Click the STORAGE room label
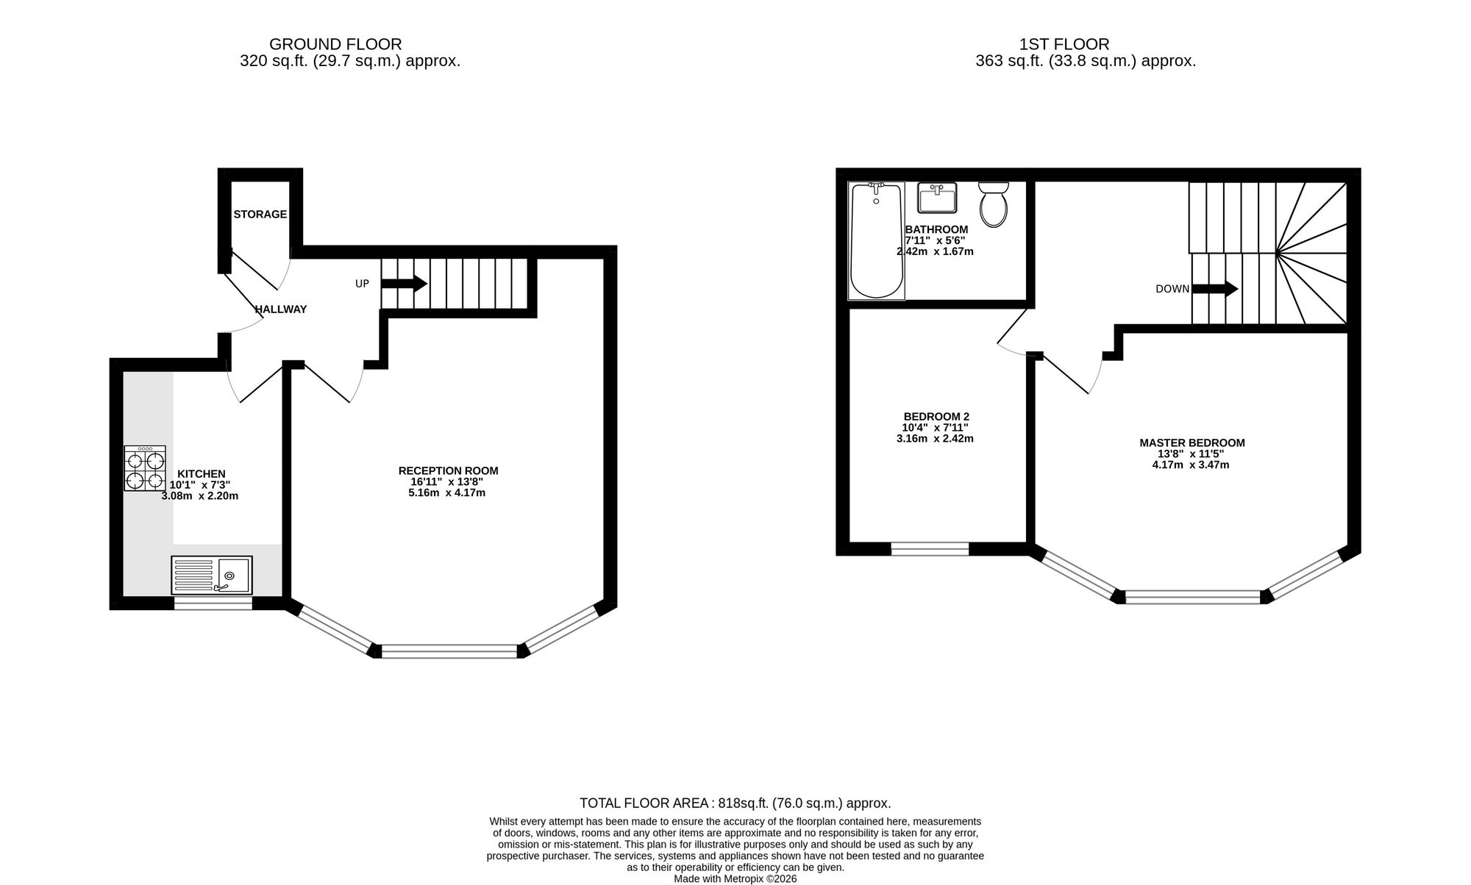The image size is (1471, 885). point(260,215)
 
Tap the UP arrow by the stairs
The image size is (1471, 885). point(404,284)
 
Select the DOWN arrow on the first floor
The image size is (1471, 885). point(1215,289)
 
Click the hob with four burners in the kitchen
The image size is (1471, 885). point(145,469)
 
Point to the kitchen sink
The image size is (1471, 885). point(212,575)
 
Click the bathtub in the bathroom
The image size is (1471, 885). point(876,241)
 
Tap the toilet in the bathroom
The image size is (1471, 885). point(994,204)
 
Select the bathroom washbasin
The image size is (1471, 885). point(936,197)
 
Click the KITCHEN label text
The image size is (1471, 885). point(201,474)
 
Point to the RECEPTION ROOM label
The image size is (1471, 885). point(448,470)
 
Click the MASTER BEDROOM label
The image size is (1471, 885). point(1192,442)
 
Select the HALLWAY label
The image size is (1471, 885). point(280,309)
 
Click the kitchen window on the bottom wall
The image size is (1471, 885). point(213,603)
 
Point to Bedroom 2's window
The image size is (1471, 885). point(930,548)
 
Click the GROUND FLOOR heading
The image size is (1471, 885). point(335,44)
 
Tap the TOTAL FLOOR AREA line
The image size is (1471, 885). point(735,803)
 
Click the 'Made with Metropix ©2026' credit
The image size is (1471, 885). point(735,878)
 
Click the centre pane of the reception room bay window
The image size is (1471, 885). point(449,651)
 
